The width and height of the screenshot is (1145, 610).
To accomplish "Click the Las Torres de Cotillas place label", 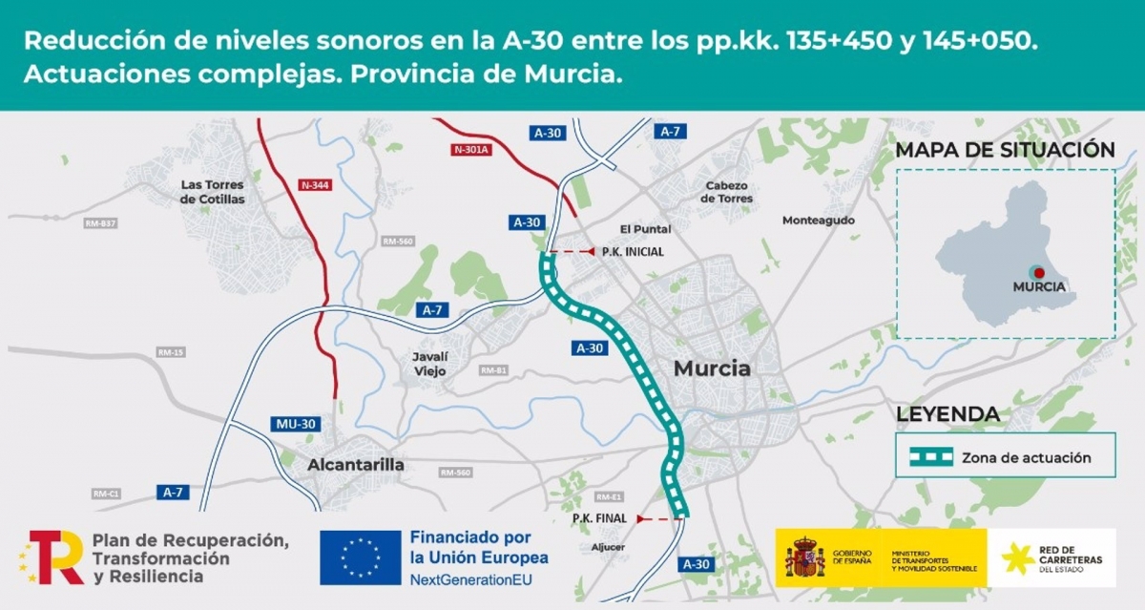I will point(212,192).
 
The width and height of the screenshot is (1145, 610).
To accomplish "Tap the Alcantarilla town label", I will point(356,465).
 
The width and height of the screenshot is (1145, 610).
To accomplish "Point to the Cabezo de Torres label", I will point(726,192).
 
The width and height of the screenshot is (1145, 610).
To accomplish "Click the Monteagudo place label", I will point(818,221).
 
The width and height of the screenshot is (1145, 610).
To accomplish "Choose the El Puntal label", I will point(645,229).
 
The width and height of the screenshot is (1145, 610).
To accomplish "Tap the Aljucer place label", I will point(608,547).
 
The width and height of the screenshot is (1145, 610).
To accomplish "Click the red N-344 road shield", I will point(315,185).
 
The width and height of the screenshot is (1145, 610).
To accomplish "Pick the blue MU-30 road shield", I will point(294,424).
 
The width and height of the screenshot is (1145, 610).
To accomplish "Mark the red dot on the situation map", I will point(1038,272).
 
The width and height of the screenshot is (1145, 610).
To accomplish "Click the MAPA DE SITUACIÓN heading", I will point(1005,150).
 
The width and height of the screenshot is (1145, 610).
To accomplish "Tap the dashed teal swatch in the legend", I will point(930,457).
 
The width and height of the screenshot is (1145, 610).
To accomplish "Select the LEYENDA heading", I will point(947,415).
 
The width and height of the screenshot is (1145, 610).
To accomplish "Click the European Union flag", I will point(360,557).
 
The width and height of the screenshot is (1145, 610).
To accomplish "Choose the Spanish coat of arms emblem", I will point(804,557).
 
